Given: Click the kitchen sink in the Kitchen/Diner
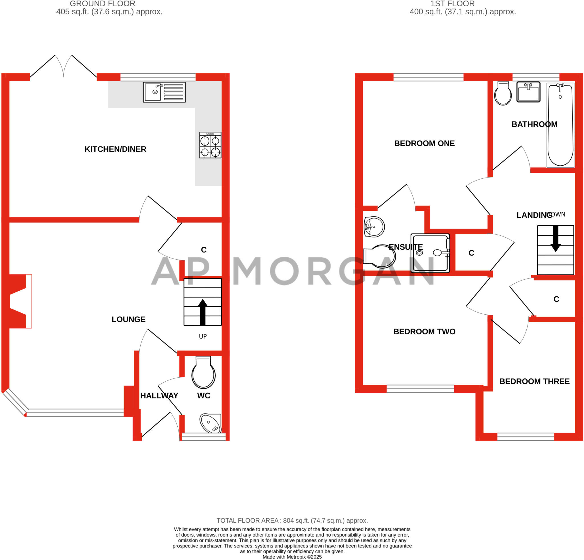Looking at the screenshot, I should click(164, 92).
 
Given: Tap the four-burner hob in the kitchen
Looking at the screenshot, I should click(210, 145).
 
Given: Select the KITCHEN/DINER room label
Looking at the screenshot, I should click(115, 149).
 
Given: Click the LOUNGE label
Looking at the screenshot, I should click(128, 319).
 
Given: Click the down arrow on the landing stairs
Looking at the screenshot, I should click(555, 239).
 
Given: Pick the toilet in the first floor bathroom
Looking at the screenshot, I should click(503, 93).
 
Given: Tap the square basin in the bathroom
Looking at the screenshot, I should click(528, 92).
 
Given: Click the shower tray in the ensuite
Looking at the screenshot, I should click(430, 253).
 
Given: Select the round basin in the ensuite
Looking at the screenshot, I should click(374, 227).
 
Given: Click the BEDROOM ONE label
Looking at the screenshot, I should click(424, 144).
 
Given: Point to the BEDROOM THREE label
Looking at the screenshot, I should click(535, 381).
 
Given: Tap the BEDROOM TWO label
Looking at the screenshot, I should click(424, 332).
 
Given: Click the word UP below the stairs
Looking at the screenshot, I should click(203, 336).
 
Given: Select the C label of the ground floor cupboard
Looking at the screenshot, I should click(204, 250).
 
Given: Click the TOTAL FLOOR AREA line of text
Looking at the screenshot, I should click(292, 521).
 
